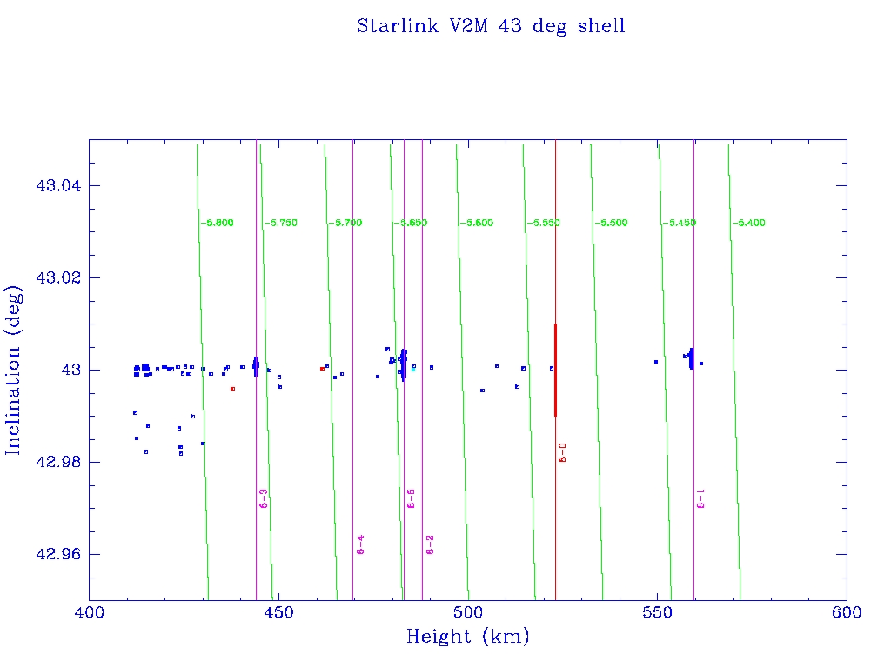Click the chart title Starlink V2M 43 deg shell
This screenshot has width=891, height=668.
pos(491,26)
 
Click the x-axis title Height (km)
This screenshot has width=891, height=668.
pos(467,637)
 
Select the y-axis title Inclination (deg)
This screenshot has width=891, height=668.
pos(14,370)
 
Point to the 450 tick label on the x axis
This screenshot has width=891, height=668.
pos(278,612)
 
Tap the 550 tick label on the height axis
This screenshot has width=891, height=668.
pos(657,612)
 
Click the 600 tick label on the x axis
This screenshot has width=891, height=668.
pos(847,612)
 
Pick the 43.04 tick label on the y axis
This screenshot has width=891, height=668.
pos(55,186)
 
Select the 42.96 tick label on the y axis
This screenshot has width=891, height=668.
pos(55,554)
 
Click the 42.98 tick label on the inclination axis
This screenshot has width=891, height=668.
pos(55,462)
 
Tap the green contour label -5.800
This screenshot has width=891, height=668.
pos(217,224)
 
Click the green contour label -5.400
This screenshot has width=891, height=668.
pos(748,224)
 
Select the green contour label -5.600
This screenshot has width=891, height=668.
pos(477,224)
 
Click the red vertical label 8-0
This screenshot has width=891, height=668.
pos(563,452)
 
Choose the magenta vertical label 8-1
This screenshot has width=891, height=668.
pos(701,498)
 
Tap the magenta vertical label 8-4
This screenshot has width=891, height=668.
pos(360,544)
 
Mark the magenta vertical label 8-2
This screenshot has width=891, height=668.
pos(430,544)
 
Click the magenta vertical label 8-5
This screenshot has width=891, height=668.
pos(412,498)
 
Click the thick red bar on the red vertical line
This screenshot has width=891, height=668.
pos(555,370)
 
